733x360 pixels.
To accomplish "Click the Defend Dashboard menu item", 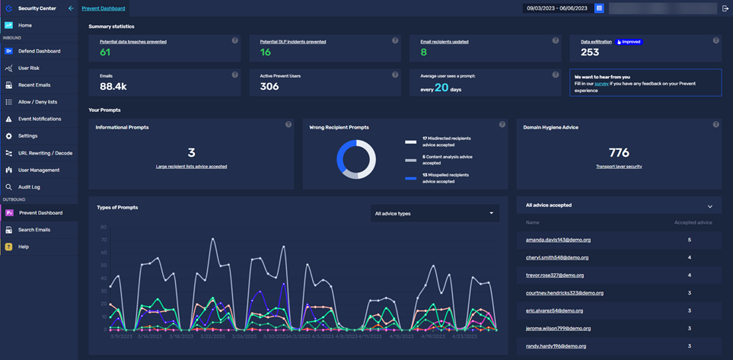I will coord(39,51).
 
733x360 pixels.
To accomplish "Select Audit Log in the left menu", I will coord(29,186).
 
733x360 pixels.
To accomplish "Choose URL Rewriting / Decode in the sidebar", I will coord(45,153).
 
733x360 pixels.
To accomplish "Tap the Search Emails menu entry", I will coord(34,230).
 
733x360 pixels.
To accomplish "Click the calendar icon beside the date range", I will coord(599,8).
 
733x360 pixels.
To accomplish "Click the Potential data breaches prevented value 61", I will coord(105,53).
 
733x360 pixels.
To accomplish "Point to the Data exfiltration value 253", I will coord(590,53).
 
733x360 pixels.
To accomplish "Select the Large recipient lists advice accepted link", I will coord(191,166).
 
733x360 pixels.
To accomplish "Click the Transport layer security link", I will coord(619,166).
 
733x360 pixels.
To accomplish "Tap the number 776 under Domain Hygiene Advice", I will coord(619,153).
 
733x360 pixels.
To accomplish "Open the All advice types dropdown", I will coord(434,213).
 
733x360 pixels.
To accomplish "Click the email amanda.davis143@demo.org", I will coord(558,240).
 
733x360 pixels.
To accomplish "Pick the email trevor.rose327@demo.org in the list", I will coord(555,275).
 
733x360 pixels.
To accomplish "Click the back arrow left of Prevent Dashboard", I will coord(71,8).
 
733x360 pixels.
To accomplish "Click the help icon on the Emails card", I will coord(234,75).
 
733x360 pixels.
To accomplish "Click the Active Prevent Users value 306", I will coord(269,87).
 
